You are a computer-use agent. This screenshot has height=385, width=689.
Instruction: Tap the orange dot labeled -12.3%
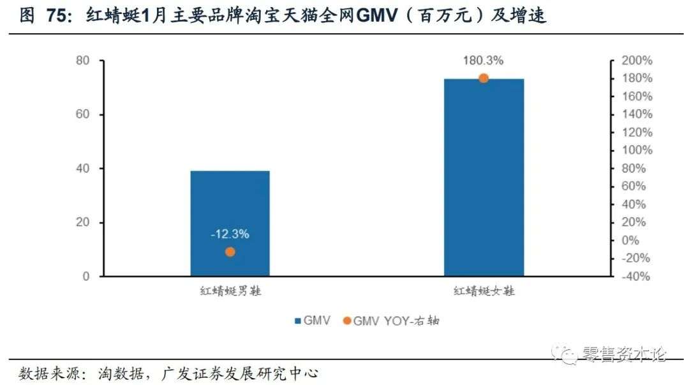[x=230, y=252]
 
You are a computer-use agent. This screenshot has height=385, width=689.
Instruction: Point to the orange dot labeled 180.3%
[x=484, y=79]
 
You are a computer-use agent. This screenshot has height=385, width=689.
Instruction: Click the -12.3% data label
[x=230, y=234]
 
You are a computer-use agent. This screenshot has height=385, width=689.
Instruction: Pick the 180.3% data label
[x=484, y=61]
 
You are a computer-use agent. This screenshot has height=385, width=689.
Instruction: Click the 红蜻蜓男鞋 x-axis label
[x=230, y=291]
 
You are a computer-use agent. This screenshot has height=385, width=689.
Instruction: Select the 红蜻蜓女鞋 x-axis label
[x=484, y=291]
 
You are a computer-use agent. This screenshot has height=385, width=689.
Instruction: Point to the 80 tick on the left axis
[x=82, y=61]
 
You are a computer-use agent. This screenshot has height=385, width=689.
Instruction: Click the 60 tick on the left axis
[x=82, y=115]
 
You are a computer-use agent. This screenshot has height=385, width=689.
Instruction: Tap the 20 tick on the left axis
[x=82, y=223]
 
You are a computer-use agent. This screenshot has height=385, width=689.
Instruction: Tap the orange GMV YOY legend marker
[x=346, y=321]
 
